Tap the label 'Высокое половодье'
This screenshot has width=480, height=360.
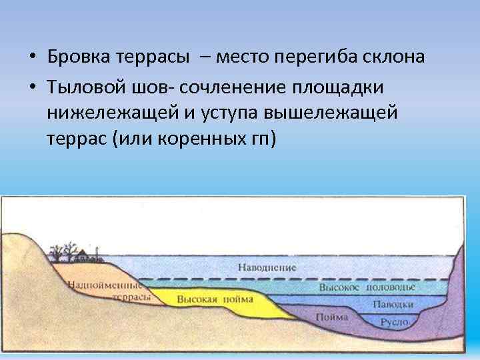click(x=367, y=287)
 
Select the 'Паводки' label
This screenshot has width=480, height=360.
click(x=393, y=303)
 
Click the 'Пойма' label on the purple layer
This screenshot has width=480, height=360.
click(x=331, y=317)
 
